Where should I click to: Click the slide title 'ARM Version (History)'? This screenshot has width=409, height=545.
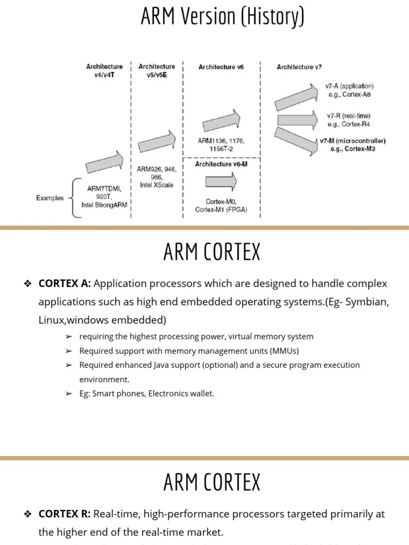(x=222, y=16)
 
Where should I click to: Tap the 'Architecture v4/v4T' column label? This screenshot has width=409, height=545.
(x=104, y=70)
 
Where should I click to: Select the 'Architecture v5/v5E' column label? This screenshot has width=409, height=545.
(x=157, y=70)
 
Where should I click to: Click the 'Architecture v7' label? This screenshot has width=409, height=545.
(x=299, y=67)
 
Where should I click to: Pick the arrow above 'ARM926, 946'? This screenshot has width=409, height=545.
(x=157, y=142)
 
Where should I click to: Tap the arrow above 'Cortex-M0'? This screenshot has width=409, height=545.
(x=221, y=181)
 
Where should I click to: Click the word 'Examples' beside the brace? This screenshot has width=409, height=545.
(x=50, y=198)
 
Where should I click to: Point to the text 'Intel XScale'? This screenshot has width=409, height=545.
(x=156, y=185)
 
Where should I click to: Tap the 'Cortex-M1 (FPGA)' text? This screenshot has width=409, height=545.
(x=220, y=210)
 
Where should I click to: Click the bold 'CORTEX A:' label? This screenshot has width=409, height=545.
(x=65, y=284)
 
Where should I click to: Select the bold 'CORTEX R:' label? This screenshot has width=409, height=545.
(x=65, y=514)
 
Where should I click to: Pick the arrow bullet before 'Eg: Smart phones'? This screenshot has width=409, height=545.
(x=69, y=394)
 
